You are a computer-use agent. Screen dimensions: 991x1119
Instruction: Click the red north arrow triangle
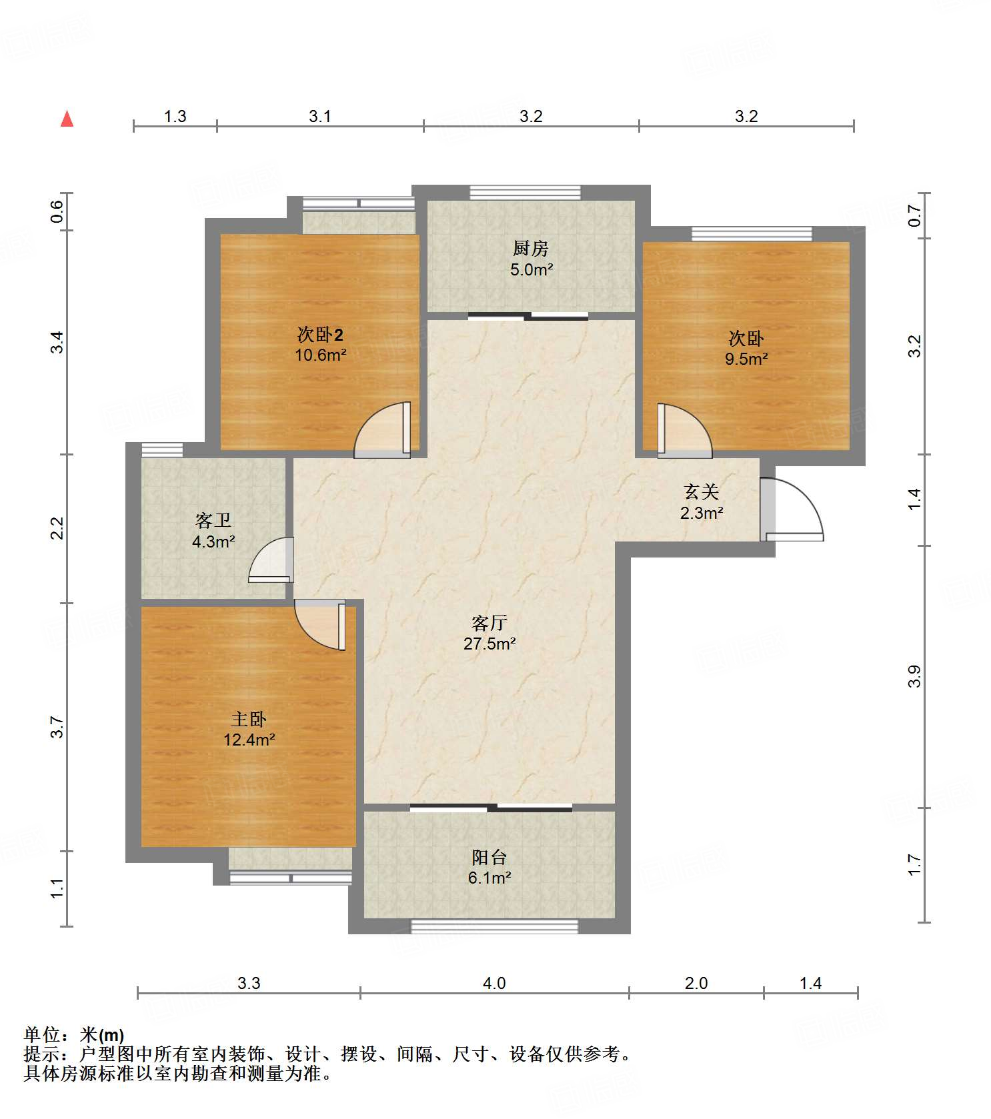click(x=67, y=119)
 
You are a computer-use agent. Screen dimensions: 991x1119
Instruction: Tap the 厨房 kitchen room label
click(x=531, y=249)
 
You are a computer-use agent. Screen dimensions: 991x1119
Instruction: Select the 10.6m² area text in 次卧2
click(x=321, y=355)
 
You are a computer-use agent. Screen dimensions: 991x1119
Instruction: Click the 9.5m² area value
click(x=746, y=359)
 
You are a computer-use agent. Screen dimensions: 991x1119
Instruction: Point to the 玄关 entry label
click(x=702, y=492)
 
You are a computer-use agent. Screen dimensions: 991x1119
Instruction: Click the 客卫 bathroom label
click(x=213, y=520)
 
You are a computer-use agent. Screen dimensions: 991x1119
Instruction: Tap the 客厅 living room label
click(x=489, y=623)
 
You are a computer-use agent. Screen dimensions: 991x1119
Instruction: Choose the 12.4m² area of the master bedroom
click(x=249, y=740)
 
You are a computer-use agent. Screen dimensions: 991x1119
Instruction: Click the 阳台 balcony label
click(x=489, y=857)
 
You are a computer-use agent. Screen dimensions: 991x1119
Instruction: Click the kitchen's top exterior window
click(x=526, y=192)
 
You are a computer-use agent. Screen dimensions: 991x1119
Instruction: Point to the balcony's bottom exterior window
click(x=494, y=926)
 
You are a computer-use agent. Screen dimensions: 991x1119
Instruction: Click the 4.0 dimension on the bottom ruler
click(x=494, y=983)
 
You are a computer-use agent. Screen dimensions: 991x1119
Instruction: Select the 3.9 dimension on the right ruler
click(x=914, y=676)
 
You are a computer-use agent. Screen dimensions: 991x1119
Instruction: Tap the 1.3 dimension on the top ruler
click(x=175, y=116)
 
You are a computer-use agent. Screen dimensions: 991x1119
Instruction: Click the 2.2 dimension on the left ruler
click(x=57, y=528)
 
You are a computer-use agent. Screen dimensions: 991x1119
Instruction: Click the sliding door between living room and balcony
click(x=491, y=808)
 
